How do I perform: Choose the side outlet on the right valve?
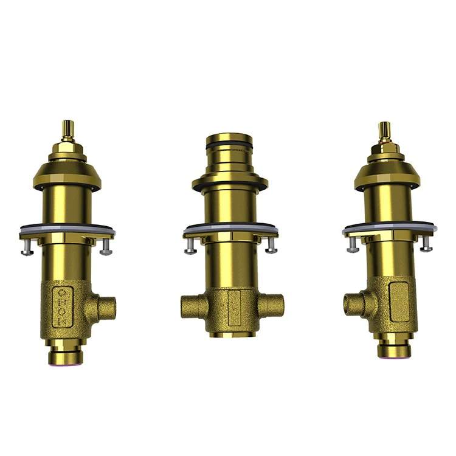pyautogui.click(x=352, y=302)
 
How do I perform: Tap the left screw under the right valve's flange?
pyautogui.click(x=353, y=244)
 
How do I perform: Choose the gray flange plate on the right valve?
pyautogui.click(x=389, y=229)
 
